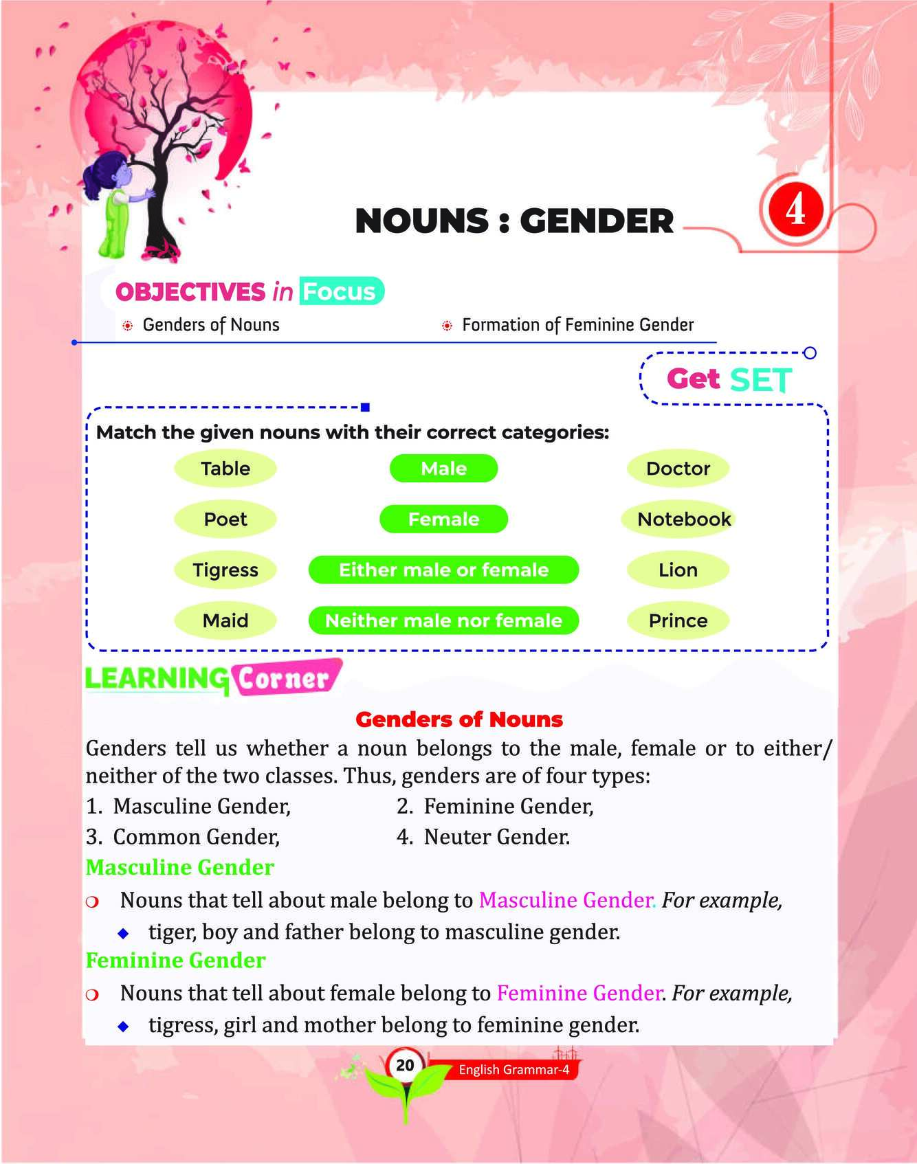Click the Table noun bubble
[225, 469]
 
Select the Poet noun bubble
[225, 519]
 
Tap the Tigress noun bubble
[225, 570]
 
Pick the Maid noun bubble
[225, 620]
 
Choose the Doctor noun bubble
[678, 469]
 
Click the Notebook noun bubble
[683, 519]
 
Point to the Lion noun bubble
[678, 570]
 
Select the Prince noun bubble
[678, 620]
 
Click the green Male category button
[443, 469]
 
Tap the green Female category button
[443, 519]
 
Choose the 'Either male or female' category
[443, 570]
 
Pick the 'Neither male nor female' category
[443, 620]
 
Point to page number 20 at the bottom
[405, 1065]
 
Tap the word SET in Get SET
[760, 380]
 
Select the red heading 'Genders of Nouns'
[458, 719]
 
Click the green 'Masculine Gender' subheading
[179, 868]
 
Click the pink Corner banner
[285, 678]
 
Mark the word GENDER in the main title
[596, 221]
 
